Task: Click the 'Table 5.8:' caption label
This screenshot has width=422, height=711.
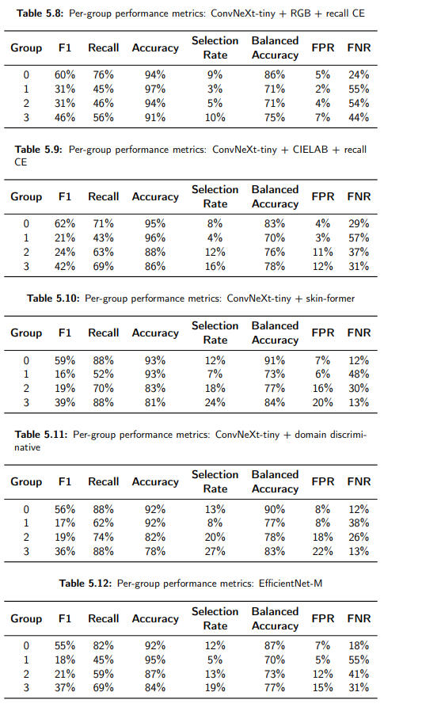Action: coord(41,13)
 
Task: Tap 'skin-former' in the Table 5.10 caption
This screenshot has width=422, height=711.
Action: coord(330,298)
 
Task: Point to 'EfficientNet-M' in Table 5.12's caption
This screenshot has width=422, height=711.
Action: coord(291,583)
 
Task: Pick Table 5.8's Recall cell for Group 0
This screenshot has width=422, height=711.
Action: coord(104,74)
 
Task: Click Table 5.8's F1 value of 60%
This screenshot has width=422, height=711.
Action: coord(65,74)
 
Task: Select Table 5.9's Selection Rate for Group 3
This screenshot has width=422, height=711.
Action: coord(215,266)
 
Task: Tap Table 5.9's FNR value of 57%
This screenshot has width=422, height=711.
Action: coord(359,238)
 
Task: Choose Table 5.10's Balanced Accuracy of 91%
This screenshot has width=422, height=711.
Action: coord(275,360)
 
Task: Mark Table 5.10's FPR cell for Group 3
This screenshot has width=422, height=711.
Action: coord(322,402)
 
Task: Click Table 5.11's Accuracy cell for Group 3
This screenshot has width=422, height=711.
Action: coord(155,551)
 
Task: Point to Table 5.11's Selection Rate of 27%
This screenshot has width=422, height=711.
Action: coord(215,551)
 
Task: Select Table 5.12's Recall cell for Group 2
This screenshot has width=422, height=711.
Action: coord(104,674)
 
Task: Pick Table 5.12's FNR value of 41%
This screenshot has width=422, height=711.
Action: coord(359,674)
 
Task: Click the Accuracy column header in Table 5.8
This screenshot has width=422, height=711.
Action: coord(155,48)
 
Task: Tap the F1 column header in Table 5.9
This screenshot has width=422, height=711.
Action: coord(65,197)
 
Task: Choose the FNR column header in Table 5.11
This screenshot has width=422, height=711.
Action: coord(359,481)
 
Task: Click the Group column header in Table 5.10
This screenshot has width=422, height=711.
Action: coord(26,333)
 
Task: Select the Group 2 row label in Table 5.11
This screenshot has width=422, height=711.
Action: coord(26,538)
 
